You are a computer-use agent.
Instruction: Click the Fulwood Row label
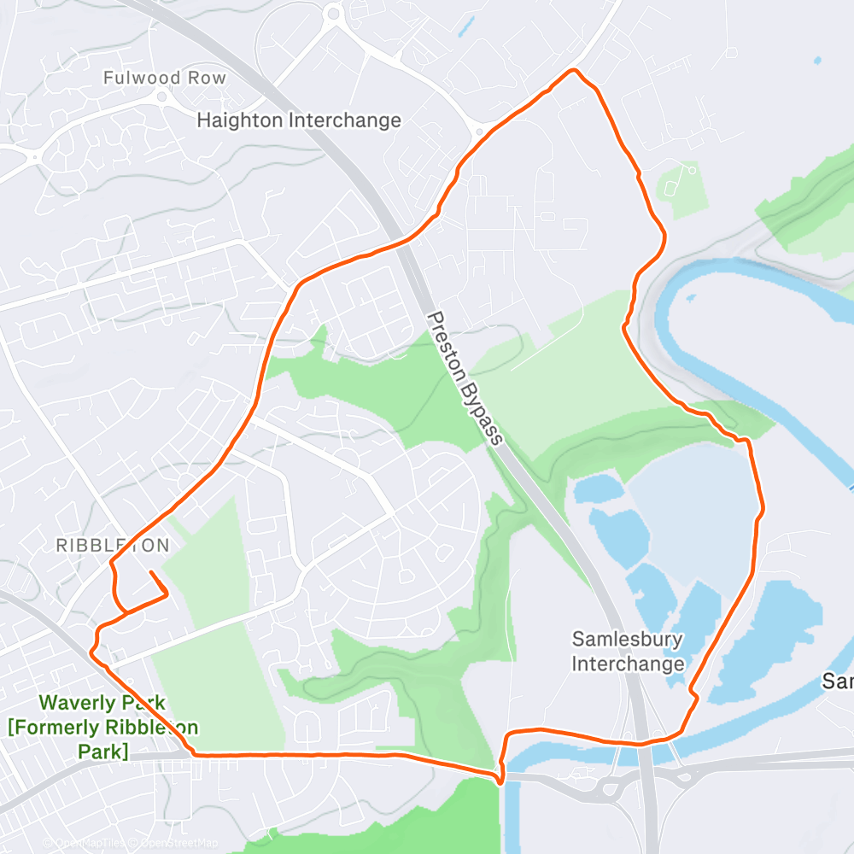(x=165, y=78)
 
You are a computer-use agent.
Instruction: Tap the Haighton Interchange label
(x=299, y=120)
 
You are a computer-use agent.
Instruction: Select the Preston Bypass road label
(x=465, y=377)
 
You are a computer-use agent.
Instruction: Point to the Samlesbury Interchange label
(x=628, y=651)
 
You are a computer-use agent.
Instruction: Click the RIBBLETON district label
(x=112, y=545)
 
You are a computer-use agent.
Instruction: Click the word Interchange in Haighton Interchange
(x=345, y=120)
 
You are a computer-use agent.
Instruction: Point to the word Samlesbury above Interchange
(x=628, y=639)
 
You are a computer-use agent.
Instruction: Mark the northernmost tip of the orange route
(x=574, y=69)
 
